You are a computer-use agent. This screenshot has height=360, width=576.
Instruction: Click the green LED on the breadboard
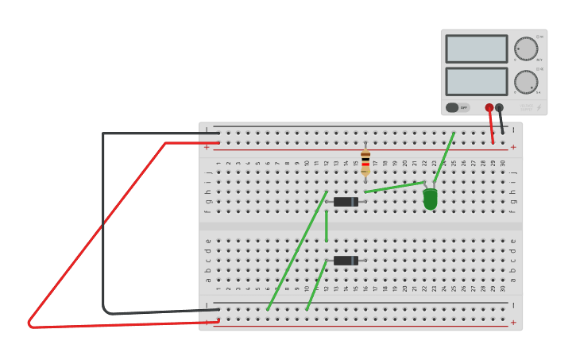430,199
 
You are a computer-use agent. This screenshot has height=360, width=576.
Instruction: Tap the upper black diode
346,202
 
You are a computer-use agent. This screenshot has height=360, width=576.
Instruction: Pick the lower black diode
346,261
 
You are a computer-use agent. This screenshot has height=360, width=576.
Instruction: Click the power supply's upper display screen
476,49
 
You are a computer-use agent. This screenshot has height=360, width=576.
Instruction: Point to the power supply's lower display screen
476,81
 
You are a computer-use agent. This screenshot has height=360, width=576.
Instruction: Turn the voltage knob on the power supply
525,48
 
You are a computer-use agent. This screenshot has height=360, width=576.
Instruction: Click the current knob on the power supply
525,81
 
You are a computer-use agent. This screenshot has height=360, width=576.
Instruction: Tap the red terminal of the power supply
489,107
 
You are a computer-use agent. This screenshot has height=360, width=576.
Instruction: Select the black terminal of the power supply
499,107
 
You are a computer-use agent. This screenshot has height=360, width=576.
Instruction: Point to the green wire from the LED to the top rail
445,155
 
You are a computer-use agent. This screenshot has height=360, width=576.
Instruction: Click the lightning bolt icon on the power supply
538,107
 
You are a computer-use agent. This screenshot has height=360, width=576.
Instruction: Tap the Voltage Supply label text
525,106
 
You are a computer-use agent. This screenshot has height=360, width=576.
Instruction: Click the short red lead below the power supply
491,127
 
